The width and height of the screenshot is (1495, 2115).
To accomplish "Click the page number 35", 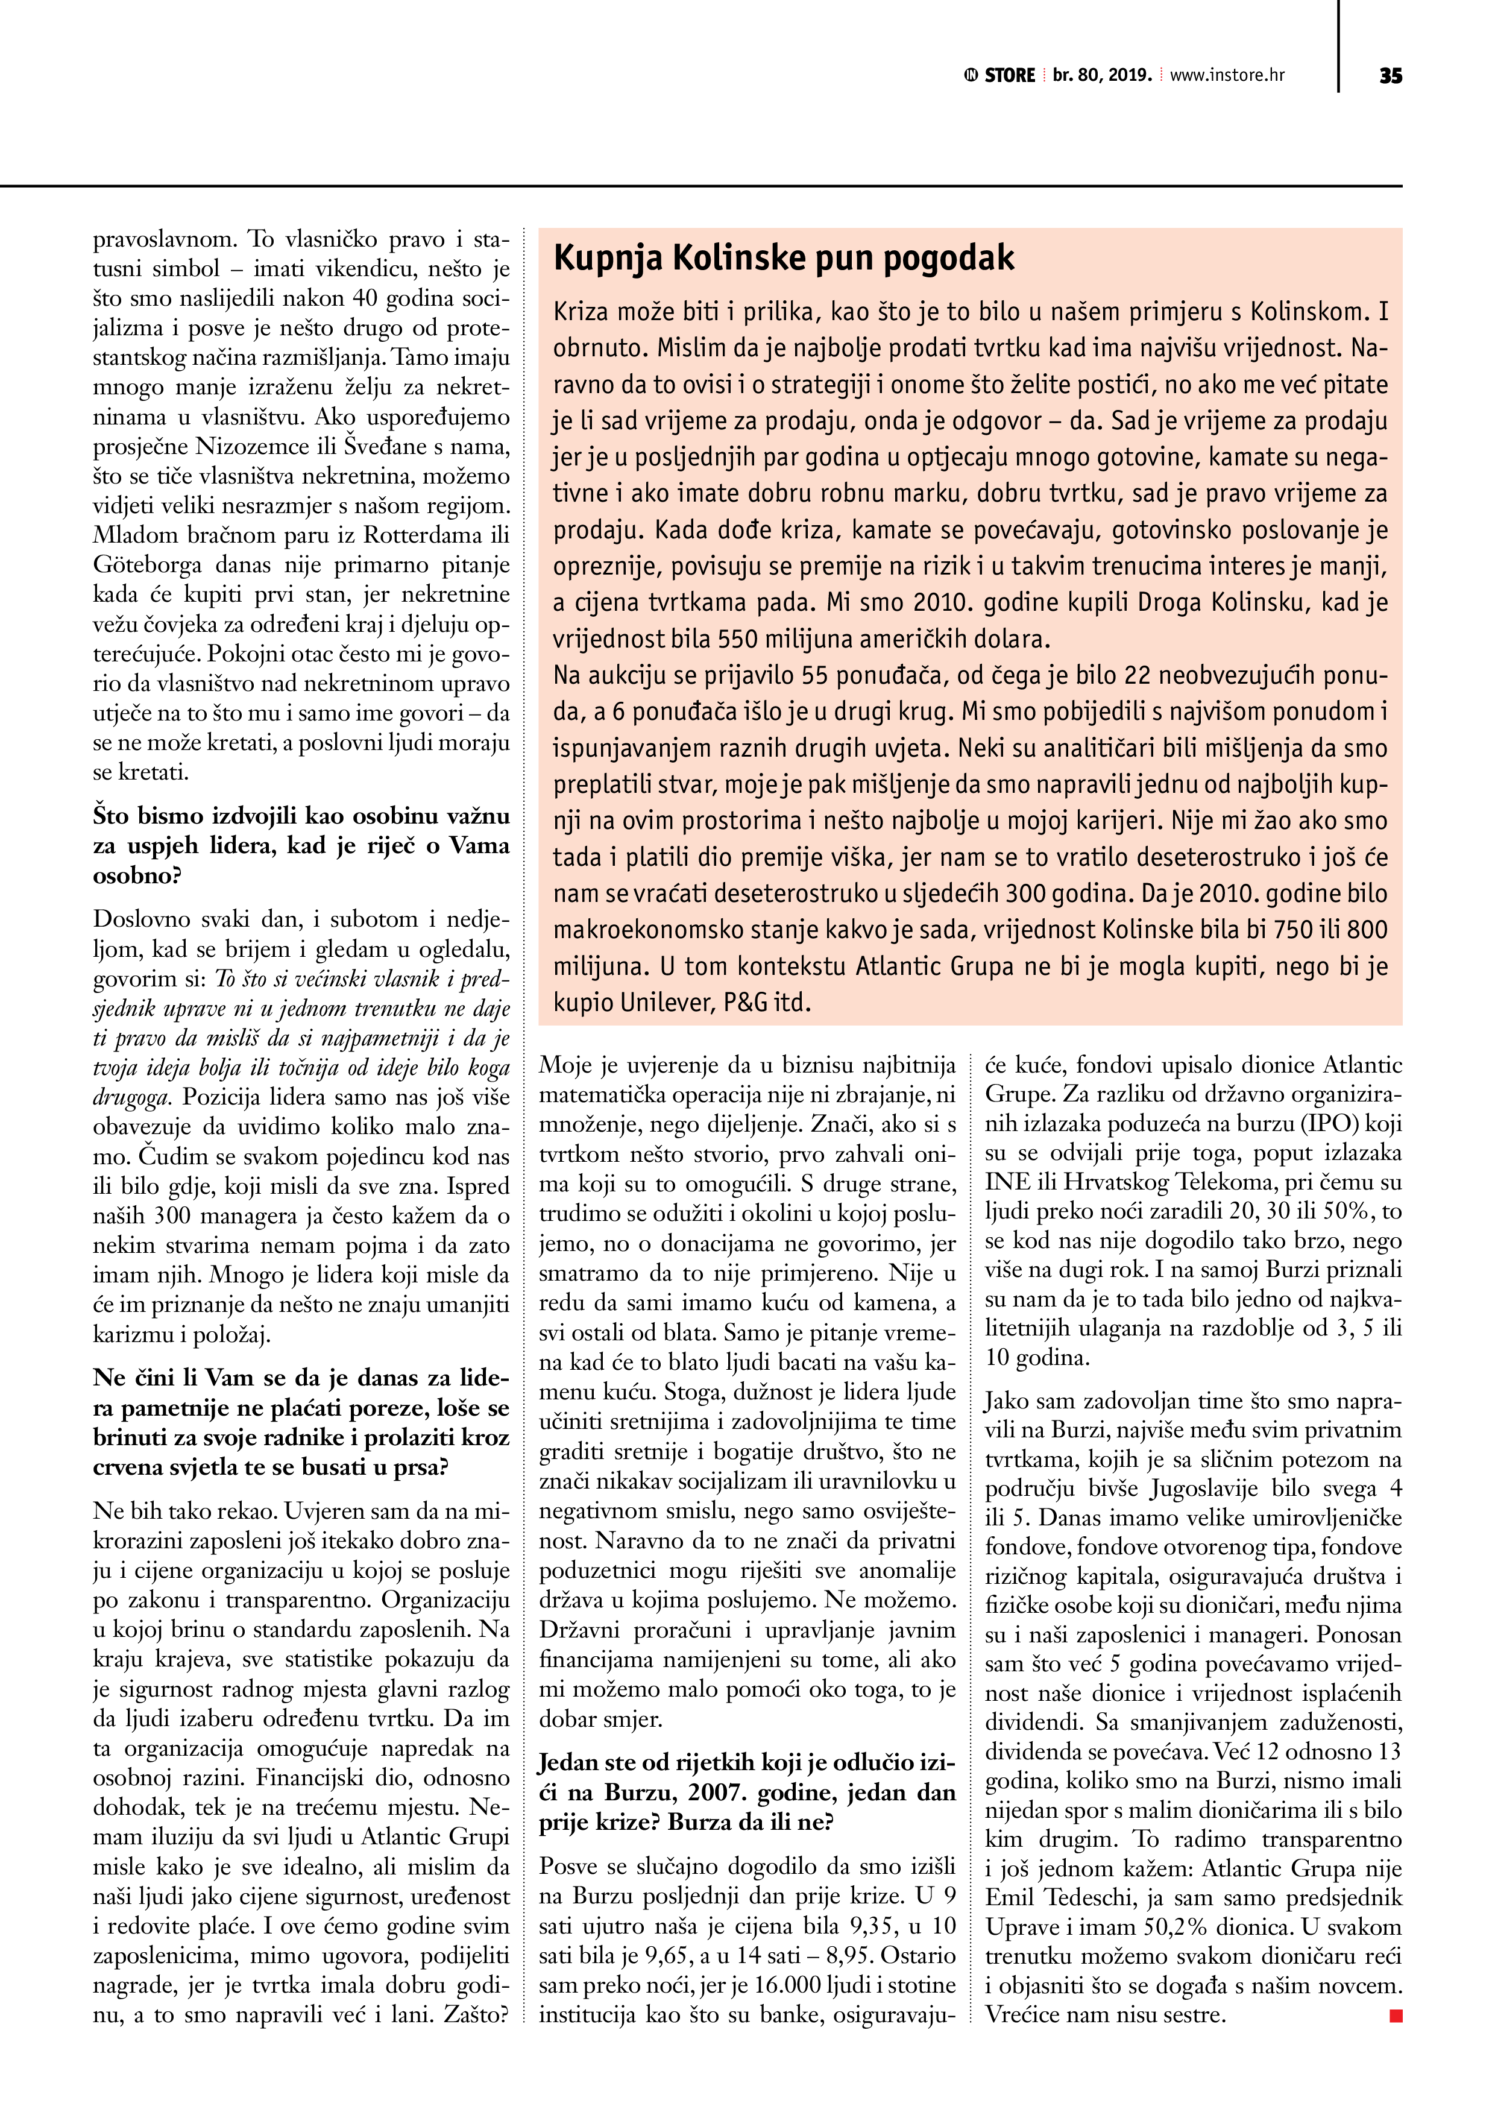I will tap(1390, 75).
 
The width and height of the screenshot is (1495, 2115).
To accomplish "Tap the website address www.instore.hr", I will tap(1227, 75).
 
